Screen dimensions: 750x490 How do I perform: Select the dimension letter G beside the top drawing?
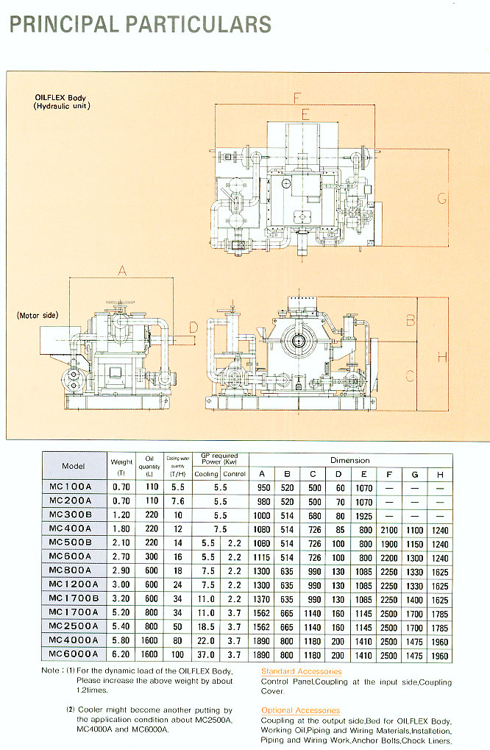pos(441,197)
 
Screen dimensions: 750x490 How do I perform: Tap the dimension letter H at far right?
pos(441,357)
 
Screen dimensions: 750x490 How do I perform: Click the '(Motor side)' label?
pos(38,315)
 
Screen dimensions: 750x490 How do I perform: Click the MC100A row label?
pos(74,488)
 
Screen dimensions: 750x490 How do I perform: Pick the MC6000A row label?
pos(74,653)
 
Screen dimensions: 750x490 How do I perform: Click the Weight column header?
pos(122,467)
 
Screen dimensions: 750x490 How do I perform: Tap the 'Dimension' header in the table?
pos(349,460)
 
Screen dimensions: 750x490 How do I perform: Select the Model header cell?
pos(74,466)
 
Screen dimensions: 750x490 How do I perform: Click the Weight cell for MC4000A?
pos(122,640)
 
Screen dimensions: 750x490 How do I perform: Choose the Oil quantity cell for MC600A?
pos(150,558)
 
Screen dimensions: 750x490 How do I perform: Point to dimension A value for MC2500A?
pos(263,626)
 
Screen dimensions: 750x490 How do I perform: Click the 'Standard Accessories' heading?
pos(301,672)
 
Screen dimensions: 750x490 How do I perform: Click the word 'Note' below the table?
pos(52,671)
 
